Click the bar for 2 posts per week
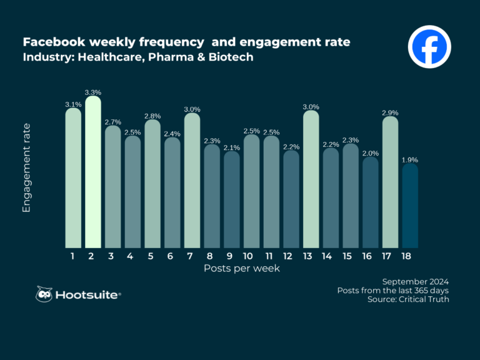coord(93,172)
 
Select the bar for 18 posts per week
coord(410,205)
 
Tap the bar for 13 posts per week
coord(311,179)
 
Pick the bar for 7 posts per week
coord(192,180)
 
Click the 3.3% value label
coord(93,92)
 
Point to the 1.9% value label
coord(410,160)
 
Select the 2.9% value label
coord(390,112)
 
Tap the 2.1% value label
coord(232,147)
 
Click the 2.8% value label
coord(152,116)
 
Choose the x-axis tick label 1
coord(73,256)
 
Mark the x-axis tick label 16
coord(371,256)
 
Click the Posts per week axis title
coord(241,268)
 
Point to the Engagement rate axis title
coord(27,167)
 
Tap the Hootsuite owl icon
coord(44,294)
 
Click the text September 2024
coord(415,281)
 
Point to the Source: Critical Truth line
coord(408,300)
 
